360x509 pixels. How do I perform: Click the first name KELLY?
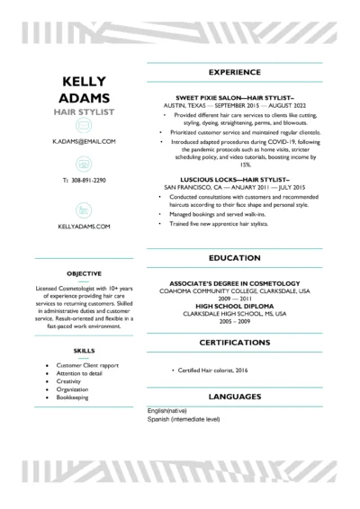[83, 80]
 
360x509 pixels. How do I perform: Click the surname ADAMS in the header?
[83, 97]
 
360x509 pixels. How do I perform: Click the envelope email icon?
[83, 127]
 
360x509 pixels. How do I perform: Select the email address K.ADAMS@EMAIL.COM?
[83, 142]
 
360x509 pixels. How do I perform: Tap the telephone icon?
[83, 164]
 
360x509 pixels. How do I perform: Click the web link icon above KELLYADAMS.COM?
[83, 210]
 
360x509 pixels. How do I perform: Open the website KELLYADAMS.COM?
[83, 228]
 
